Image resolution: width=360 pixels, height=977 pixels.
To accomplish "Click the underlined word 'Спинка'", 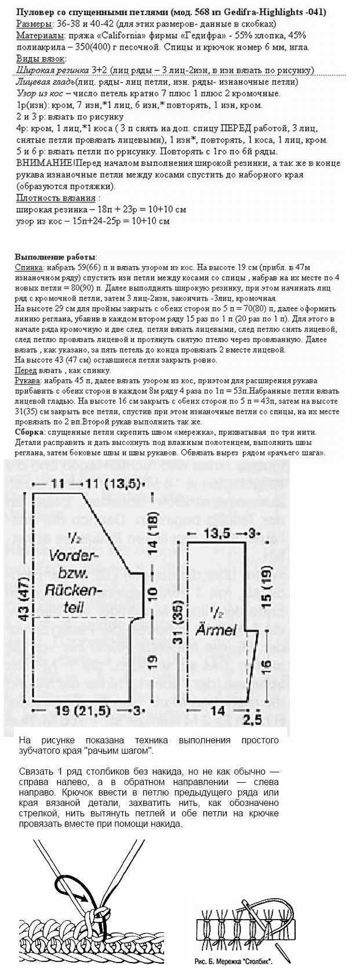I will tap(27, 267).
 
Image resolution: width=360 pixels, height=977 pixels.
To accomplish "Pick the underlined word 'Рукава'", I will tap(27, 380).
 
